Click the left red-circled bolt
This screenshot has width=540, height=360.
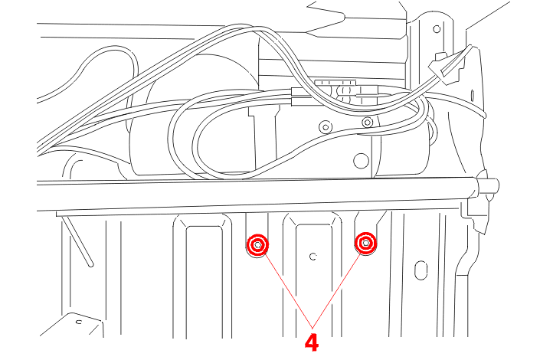point(257,245)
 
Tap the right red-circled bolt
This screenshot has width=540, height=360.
point(365,244)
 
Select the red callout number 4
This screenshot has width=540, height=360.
point(312,342)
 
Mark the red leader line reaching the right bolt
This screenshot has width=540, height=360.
point(336,290)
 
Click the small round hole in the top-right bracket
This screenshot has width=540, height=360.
point(437,29)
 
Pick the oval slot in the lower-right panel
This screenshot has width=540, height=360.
point(421,270)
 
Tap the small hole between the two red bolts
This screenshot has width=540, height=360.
point(313,257)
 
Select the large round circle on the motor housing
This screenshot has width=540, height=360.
point(361,161)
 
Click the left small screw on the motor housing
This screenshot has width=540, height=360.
point(326,127)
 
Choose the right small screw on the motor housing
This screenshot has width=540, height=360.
point(368,122)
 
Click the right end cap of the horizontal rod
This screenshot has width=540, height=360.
point(488,188)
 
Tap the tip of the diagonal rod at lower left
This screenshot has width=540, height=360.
point(90,264)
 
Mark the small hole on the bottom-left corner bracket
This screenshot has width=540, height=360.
point(79,322)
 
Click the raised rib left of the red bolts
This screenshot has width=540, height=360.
point(203,276)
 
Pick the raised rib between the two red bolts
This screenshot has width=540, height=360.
point(313,276)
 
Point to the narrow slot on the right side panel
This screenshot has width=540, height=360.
point(472,95)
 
